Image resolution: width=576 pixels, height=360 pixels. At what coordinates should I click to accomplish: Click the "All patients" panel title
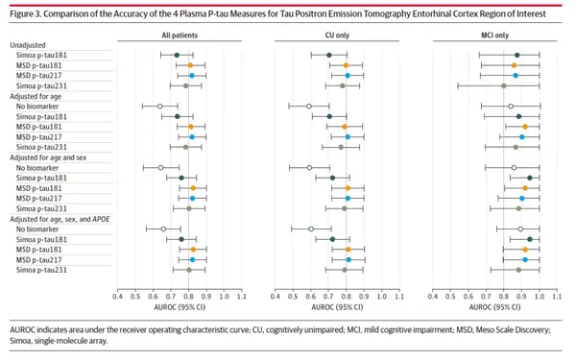point(180,35)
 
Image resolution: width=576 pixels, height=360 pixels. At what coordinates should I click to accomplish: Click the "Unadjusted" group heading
point(29,45)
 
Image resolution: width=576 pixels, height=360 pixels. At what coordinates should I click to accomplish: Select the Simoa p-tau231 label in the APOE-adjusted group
point(39,271)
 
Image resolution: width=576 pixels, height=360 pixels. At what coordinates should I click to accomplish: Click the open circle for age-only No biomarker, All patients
point(159,107)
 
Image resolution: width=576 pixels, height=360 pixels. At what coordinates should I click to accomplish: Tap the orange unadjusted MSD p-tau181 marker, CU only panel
point(347,65)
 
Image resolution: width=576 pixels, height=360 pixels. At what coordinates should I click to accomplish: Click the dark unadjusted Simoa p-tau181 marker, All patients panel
point(177,56)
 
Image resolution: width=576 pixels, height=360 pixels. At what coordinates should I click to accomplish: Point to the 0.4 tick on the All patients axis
point(117,298)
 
